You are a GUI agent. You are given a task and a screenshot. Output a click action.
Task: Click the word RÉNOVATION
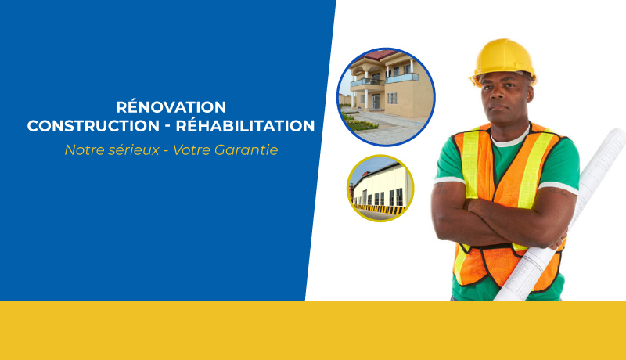point(171,106)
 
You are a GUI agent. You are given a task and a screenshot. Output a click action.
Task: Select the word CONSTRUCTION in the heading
point(93,126)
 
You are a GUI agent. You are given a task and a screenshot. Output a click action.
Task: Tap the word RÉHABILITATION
point(245,125)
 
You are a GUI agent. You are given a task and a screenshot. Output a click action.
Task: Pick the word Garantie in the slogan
point(246,150)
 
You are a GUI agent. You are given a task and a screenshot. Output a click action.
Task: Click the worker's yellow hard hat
point(503,59)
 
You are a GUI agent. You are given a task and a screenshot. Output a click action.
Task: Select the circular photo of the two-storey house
point(386,97)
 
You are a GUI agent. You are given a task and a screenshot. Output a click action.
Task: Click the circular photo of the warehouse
point(380,188)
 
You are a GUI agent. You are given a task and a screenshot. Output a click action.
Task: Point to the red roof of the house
point(380,55)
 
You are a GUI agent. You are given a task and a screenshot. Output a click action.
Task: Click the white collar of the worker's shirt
point(511,138)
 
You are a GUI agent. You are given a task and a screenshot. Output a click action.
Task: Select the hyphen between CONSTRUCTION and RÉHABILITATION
point(168,127)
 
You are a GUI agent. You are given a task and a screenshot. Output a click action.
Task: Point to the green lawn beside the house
point(358,123)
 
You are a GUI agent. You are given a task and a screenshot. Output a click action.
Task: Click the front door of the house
point(376,102)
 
